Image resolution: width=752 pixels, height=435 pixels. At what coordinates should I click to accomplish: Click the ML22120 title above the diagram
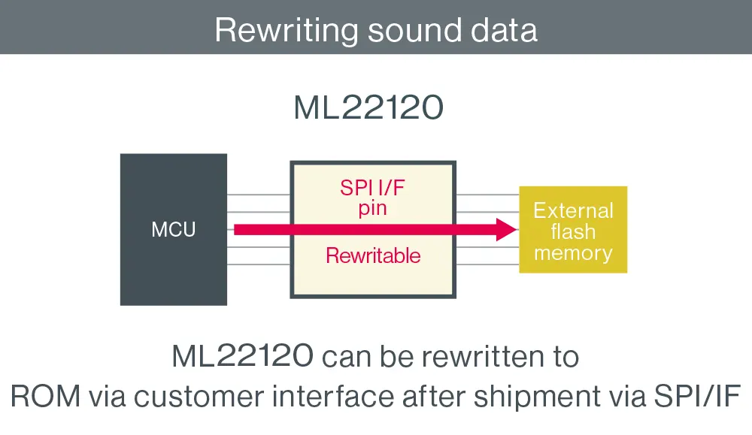[x=368, y=109]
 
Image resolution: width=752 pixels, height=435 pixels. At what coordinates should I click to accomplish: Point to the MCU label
[x=174, y=230]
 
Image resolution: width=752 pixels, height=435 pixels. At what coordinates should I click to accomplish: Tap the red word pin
[x=372, y=208]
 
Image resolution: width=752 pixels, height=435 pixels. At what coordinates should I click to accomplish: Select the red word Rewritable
[x=373, y=255]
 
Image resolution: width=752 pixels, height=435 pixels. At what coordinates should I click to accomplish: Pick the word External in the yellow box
[x=573, y=210]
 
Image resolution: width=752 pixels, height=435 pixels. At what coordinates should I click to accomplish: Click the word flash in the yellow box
[x=573, y=231]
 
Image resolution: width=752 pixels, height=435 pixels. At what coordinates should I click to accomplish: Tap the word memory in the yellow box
[x=573, y=253]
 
